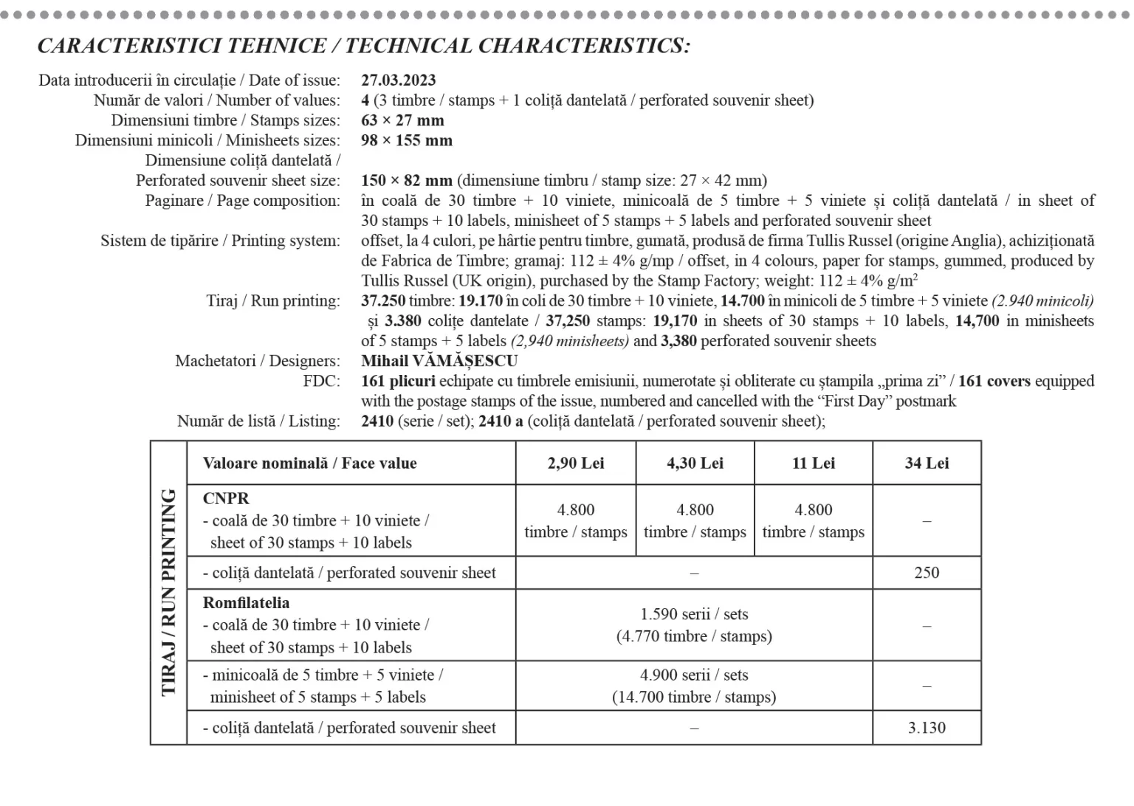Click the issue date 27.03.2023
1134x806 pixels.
[x=398, y=80]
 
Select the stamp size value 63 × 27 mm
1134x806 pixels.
[x=402, y=120]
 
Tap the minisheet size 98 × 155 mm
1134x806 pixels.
[x=407, y=140]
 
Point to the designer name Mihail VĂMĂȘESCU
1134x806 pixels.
[x=439, y=361]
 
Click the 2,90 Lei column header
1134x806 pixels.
[x=576, y=464]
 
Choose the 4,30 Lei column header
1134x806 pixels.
[x=695, y=464]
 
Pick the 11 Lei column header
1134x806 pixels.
[x=814, y=464]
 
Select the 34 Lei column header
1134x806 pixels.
[x=927, y=464]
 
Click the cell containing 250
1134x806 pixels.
[x=927, y=573]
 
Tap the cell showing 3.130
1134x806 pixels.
[x=927, y=728]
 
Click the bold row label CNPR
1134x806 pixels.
[x=226, y=499]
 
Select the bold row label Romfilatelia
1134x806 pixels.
[x=246, y=603]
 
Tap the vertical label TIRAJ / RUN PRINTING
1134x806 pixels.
[x=169, y=592]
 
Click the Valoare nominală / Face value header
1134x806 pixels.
[x=310, y=464]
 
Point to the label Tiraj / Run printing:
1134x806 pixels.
[x=273, y=301]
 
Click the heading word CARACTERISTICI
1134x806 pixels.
[x=130, y=46]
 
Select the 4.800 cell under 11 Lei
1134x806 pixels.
[x=814, y=520]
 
